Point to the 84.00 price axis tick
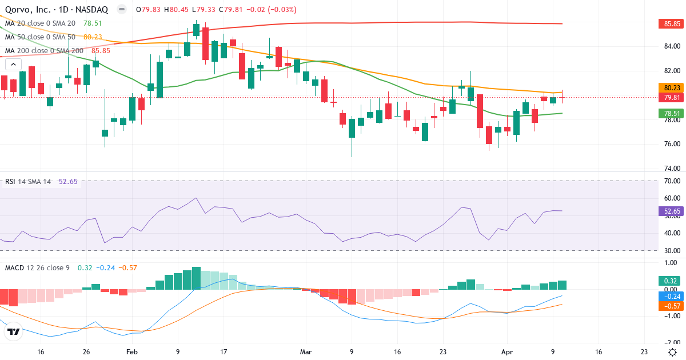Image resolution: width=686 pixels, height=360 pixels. coord(668,46)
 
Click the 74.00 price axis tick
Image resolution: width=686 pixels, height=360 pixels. coord(668,169)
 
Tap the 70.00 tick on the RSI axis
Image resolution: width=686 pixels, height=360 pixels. coord(668,181)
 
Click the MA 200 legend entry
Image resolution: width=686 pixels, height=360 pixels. coord(45,50)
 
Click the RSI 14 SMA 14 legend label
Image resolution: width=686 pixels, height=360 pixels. coord(28,182)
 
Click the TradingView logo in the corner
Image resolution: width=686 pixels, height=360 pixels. coord(14,331)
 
